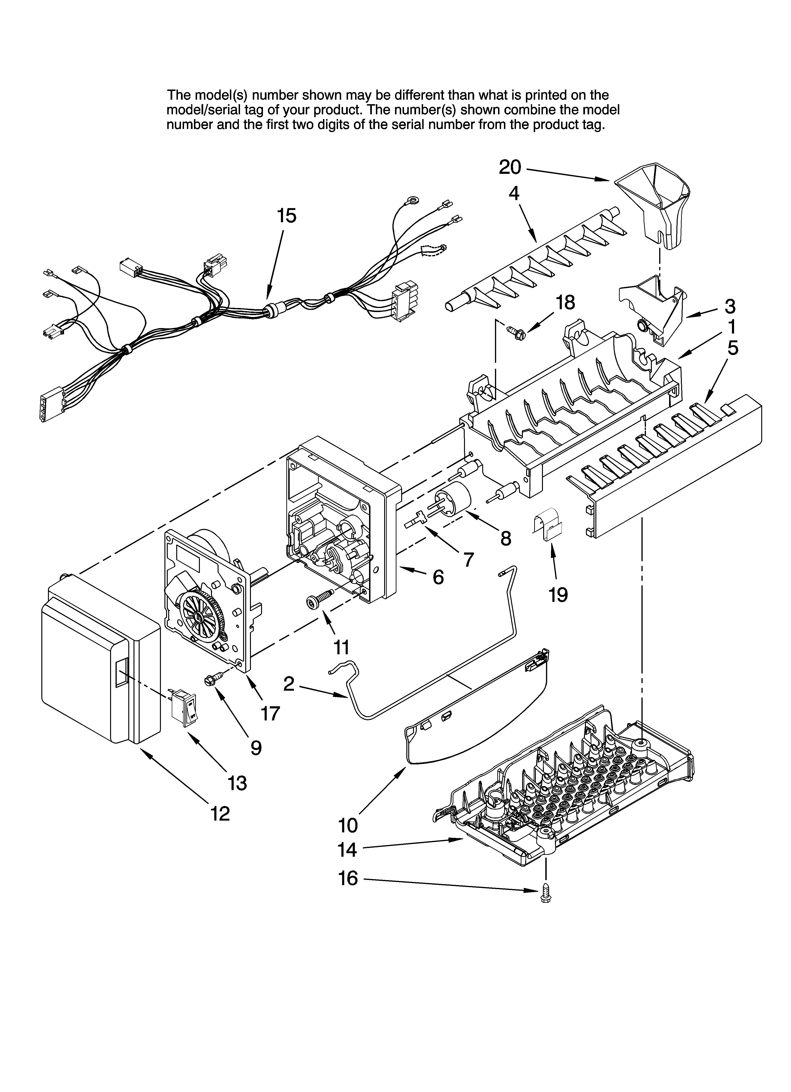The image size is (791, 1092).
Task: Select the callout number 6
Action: click(x=437, y=577)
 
